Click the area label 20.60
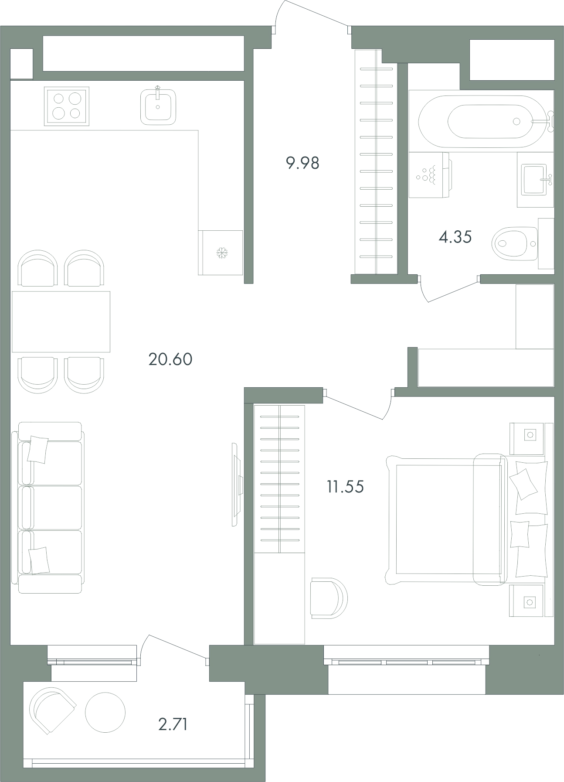click(x=170, y=359)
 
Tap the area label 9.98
click(x=302, y=163)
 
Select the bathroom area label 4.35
click(x=455, y=237)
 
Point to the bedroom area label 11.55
click(x=345, y=486)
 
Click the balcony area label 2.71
click(x=173, y=724)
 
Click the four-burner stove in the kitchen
click(x=67, y=106)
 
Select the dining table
click(x=61, y=321)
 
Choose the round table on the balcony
click(x=105, y=712)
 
